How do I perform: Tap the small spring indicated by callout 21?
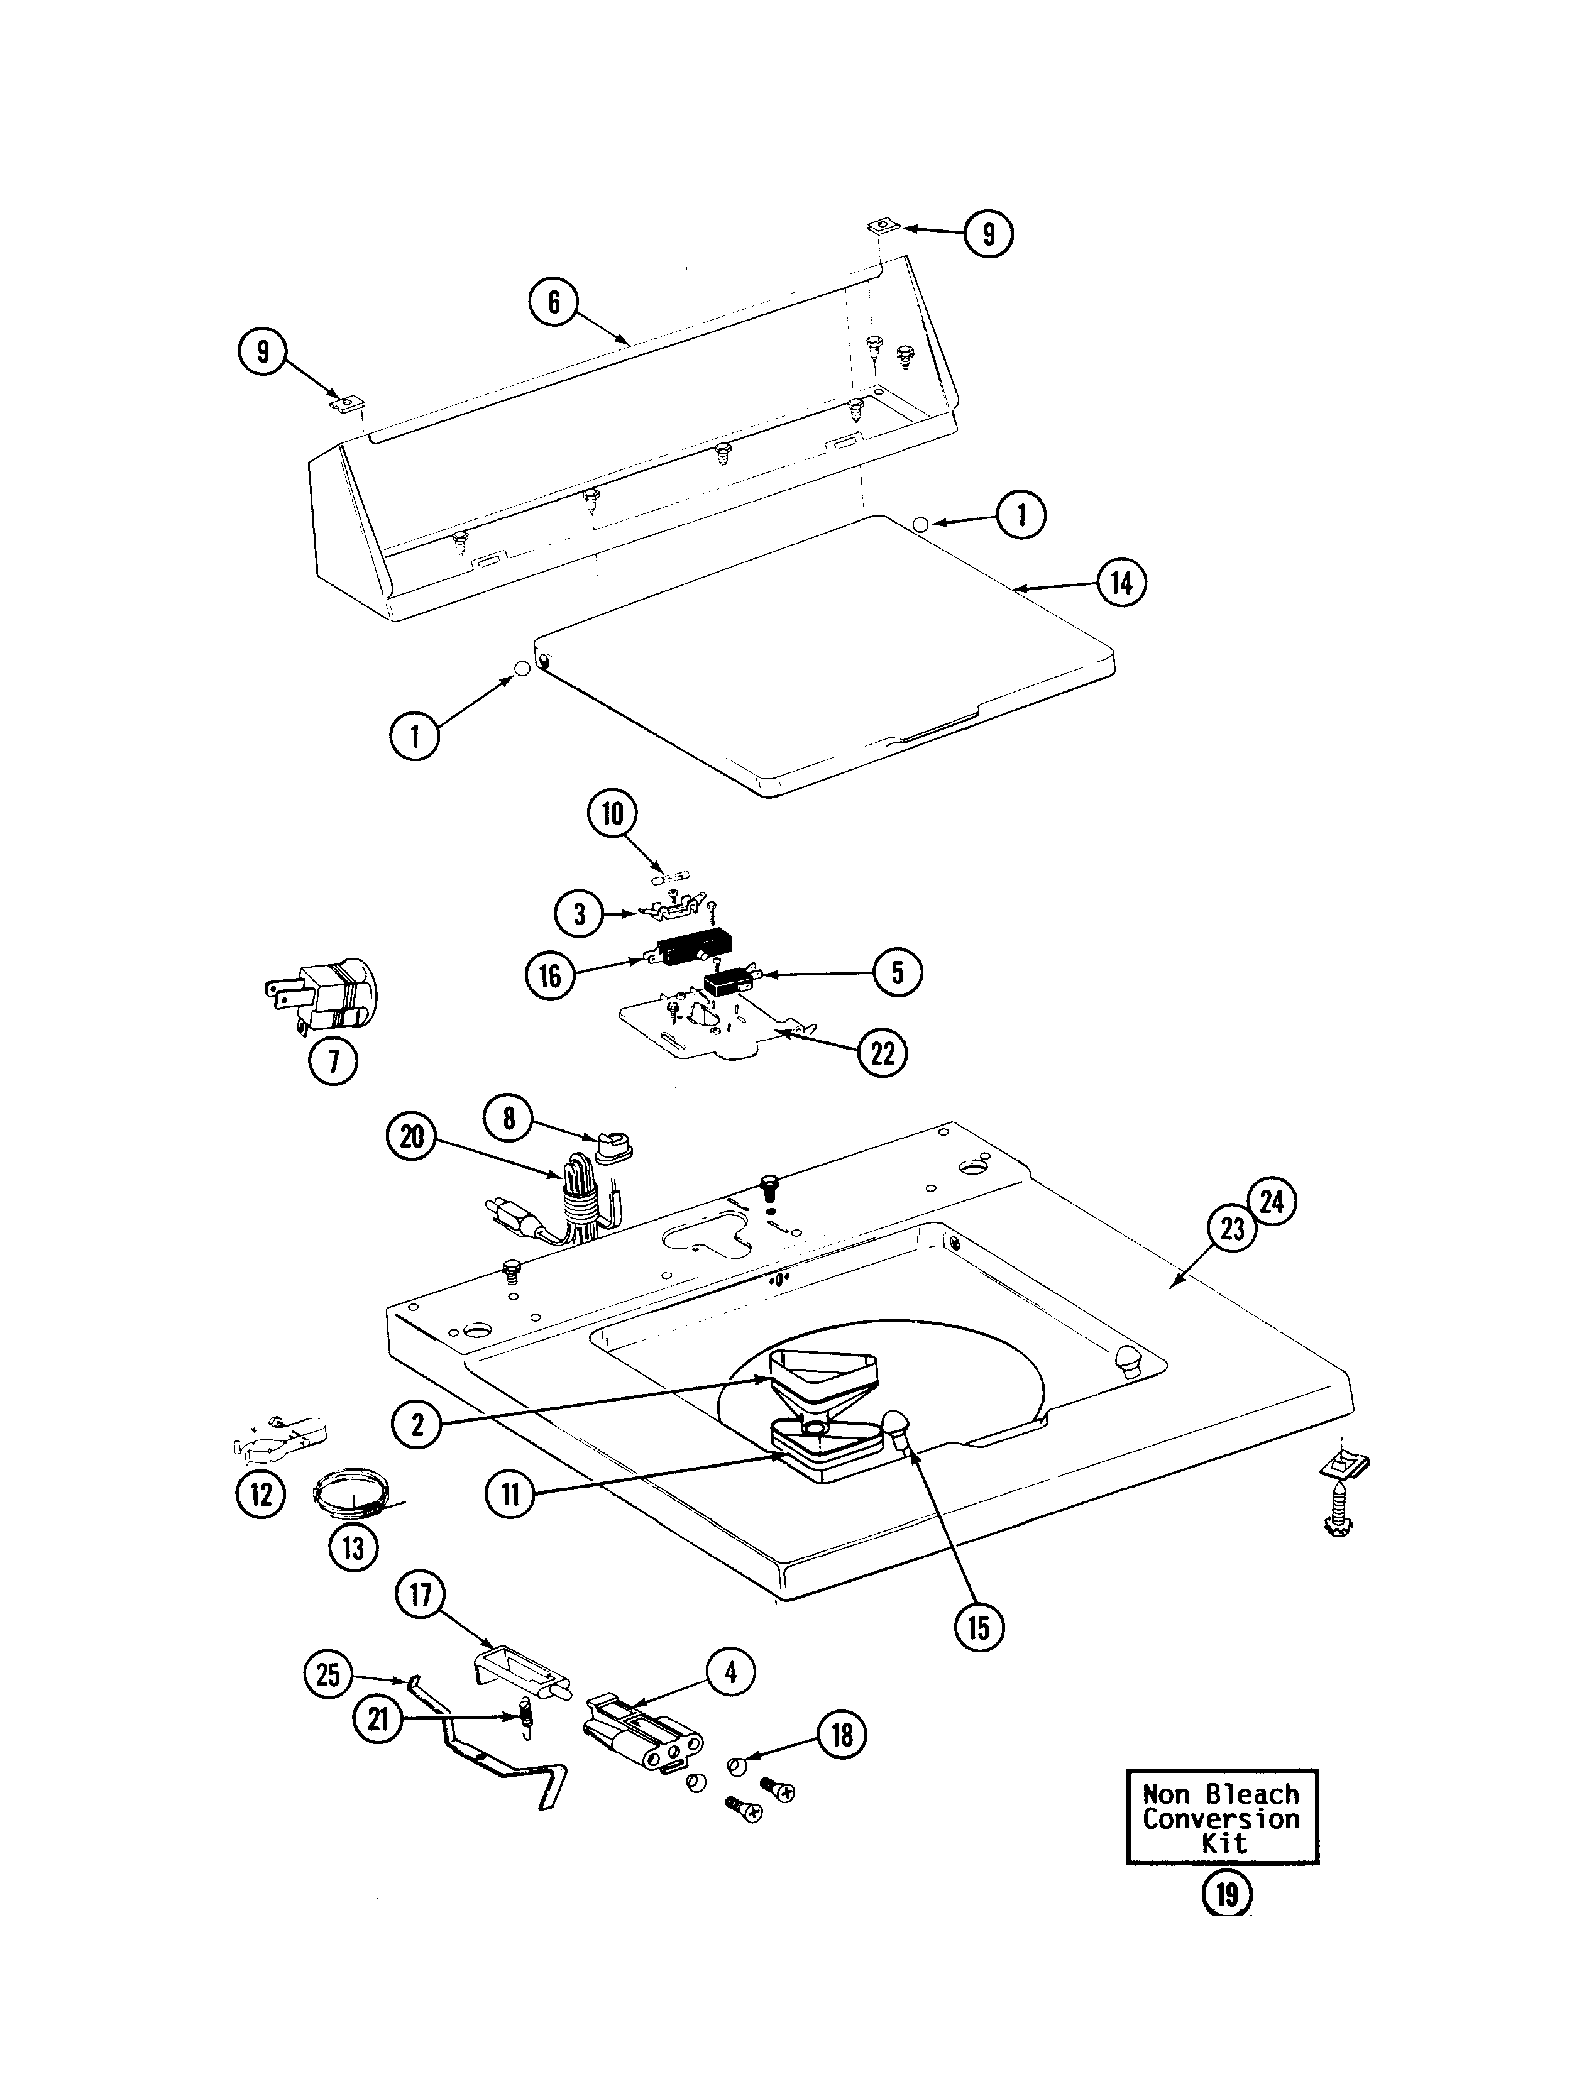[526, 1718]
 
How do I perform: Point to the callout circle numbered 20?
[412, 1138]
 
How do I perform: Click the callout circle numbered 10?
[613, 813]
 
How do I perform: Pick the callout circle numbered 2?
[417, 1424]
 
